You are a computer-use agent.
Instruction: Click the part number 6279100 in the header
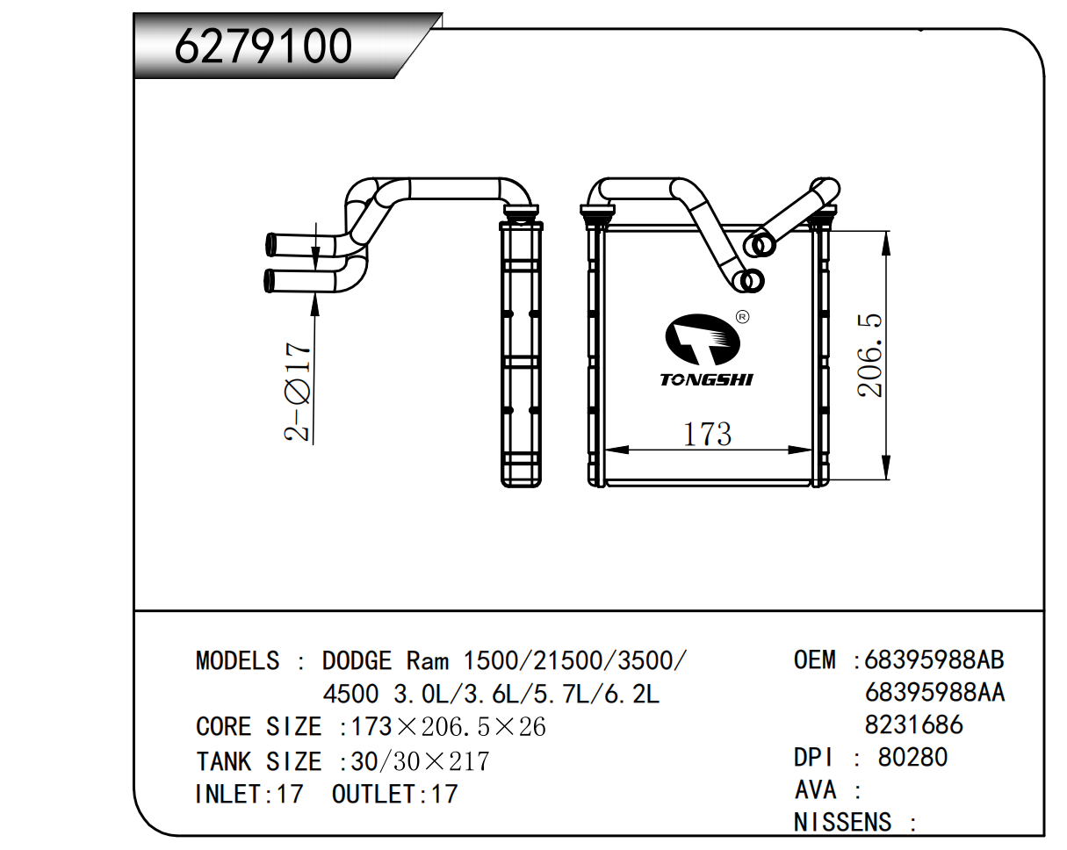tap(263, 47)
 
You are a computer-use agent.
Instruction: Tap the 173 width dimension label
tap(708, 434)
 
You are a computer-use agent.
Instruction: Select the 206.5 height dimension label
tap(872, 356)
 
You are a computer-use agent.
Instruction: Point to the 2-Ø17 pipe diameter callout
tap(299, 392)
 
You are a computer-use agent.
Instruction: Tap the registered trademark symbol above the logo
tap(741, 316)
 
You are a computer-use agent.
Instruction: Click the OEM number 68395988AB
tap(934, 659)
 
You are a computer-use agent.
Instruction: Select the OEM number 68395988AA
tap(934, 693)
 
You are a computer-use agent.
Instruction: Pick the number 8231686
tap(913, 724)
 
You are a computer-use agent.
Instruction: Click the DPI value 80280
tap(912, 757)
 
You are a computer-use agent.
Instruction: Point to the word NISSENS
tap(842, 823)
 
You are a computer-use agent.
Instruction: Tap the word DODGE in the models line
tap(357, 660)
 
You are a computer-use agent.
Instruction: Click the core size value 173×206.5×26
tap(448, 727)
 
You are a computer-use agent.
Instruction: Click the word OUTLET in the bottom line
tap(373, 795)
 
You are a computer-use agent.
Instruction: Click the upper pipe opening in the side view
tap(271, 243)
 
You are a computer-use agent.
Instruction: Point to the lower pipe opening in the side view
tap(269, 281)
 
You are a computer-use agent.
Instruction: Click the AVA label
tap(816, 789)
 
